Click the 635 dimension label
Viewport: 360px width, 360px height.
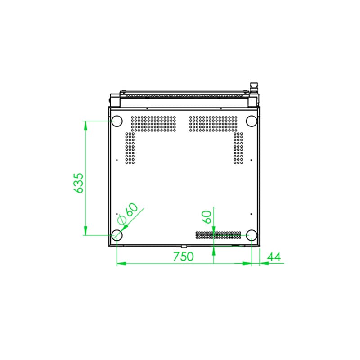[x=78, y=183]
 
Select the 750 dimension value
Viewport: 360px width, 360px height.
[x=183, y=256]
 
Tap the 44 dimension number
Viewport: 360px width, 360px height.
[x=274, y=256]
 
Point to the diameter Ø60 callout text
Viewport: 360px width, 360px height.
[x=127, y=213]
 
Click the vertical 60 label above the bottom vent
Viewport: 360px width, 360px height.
[x=207, y=217]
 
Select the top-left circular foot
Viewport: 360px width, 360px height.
[x=117, y=121]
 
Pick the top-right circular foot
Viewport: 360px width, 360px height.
[x=252, y=121]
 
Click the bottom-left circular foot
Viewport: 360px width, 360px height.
[x=117, y=234]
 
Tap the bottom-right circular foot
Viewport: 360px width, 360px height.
[x=252, y=234]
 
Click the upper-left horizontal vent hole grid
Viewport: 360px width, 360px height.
[x=153, y=124]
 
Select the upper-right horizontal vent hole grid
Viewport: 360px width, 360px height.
[x=213, y=124]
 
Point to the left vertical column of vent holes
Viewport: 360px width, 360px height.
[x=130, y=148]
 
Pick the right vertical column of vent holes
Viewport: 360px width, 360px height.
[x=238, y=148]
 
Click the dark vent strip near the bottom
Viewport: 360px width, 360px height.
[x=218, y=235]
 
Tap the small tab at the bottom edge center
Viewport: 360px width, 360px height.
[x=184, y=246]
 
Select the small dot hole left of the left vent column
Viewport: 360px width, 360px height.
[x=117, y=160]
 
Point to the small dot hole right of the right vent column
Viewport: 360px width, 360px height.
[x=251, y=160]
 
